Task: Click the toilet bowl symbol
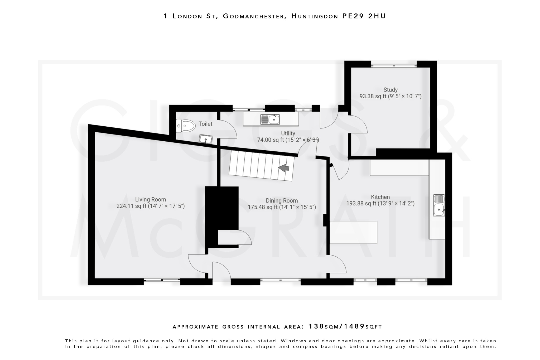tap(186, 126)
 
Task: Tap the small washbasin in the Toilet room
tap(206, 139)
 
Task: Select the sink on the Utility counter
tap(270, 119)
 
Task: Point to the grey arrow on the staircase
tap(284, 168)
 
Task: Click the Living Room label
tap(151, 200)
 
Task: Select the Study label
tap(390, 90)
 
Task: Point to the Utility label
tap(288, 133)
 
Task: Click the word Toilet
tap(205, 124)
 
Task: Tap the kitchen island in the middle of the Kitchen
tap(353, 232)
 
